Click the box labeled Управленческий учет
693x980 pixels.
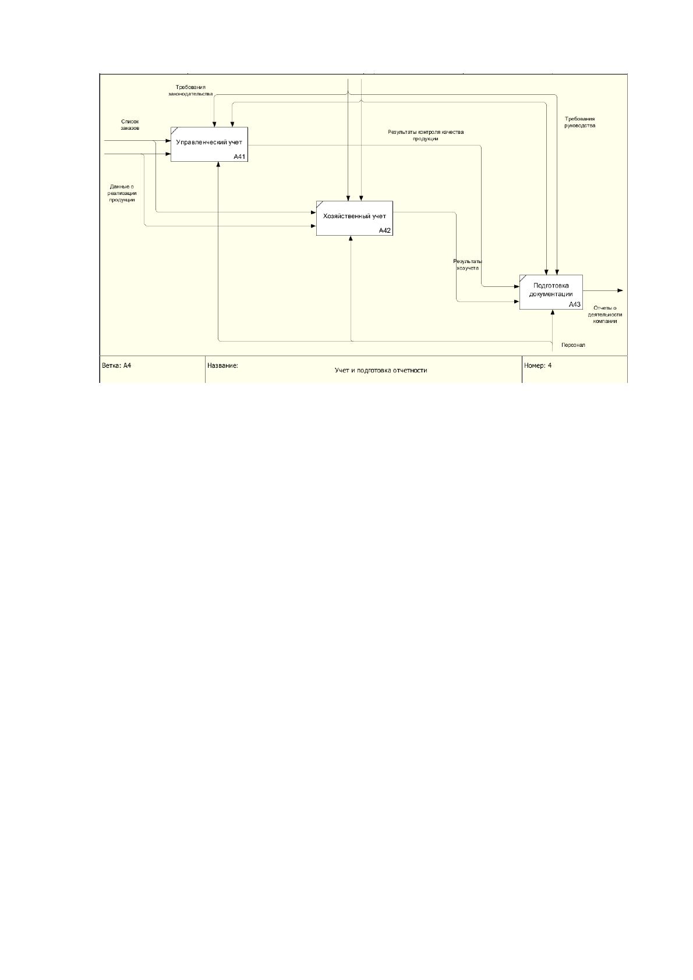click(209, 144)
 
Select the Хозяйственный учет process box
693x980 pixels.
click(355, 218)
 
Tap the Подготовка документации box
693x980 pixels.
click(551, 292)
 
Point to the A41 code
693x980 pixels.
click(239, 157)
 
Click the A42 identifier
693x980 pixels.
click(385, 230)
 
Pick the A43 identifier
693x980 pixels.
click(575, 304)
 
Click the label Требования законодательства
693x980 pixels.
click(190, 91)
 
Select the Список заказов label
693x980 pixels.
click(130, 125)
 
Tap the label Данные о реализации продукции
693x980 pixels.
click(122, 193)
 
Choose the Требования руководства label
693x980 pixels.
click(579, 122)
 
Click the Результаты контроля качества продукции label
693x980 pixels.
click(426, 135)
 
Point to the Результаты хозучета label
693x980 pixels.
click(468, 265)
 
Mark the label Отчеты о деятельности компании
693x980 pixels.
click(605, 315)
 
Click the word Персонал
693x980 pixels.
click(573, 345)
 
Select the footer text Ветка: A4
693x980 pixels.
click(116, 365)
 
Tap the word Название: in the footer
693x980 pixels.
click(222, 365)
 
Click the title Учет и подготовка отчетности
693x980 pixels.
click(381, 370)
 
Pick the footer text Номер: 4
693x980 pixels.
click(538, 365)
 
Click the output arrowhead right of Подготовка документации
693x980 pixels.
click(620, 290)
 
